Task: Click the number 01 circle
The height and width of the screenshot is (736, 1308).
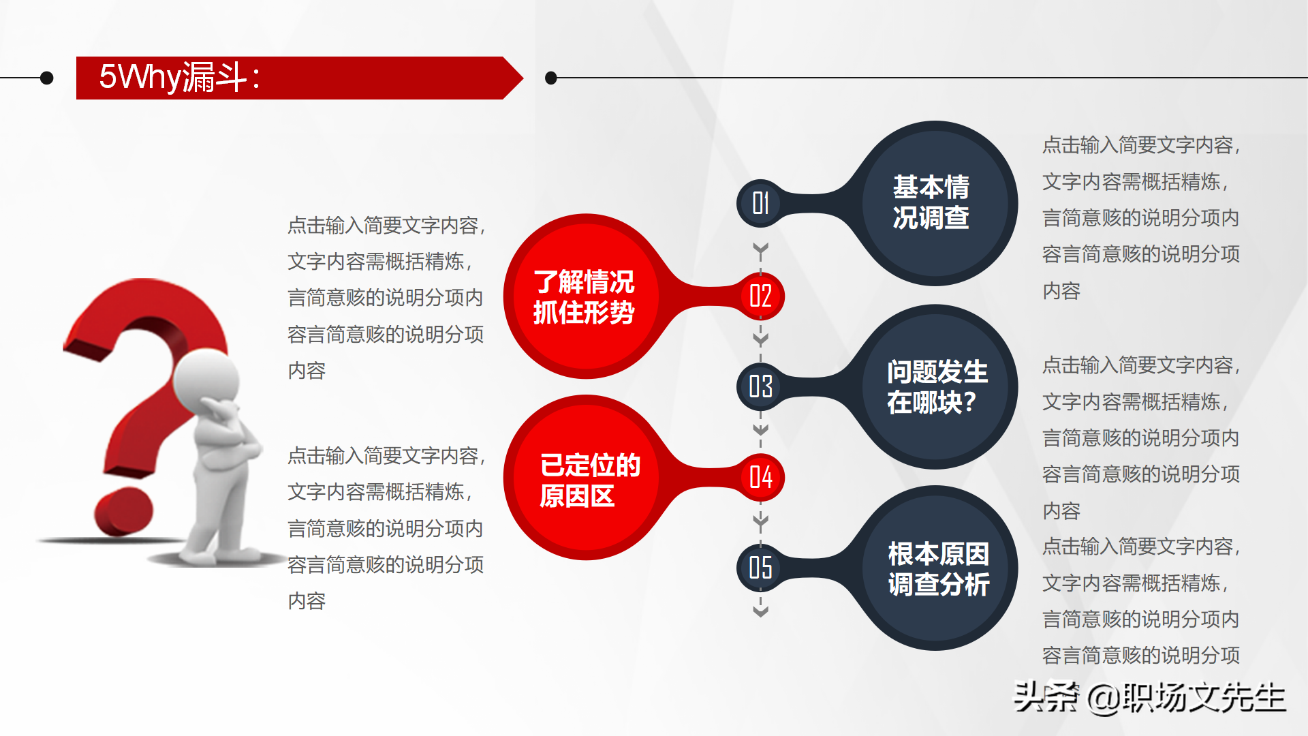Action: coord(760,203)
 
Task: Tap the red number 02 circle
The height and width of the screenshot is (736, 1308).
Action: coord(760,296)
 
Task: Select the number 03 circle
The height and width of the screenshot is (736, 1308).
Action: coord(760,386)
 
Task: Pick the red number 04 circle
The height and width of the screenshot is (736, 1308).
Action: coord(760,477)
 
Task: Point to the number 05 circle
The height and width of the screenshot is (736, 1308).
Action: coord(760,568)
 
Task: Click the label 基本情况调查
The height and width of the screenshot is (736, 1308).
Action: coord(931,202)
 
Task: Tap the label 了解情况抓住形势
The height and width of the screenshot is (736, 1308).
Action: coord(584,297)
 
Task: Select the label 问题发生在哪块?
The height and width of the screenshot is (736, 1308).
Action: coord(936,387)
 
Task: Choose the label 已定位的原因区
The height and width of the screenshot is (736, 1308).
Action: coord(589,480)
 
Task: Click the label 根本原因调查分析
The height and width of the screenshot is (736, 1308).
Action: coord(938,569)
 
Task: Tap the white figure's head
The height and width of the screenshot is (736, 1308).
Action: coord(207,379)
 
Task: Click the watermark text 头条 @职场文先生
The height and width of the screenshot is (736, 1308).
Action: coord(1149,697)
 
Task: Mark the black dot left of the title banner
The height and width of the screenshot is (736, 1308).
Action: coord(47,78)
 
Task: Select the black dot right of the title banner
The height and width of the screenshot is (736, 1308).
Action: coord(551,78)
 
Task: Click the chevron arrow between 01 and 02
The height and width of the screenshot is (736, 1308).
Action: coord(760,249)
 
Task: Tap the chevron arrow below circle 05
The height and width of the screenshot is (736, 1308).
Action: coord(760,611)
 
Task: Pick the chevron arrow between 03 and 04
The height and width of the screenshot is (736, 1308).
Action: coord(760,430)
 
